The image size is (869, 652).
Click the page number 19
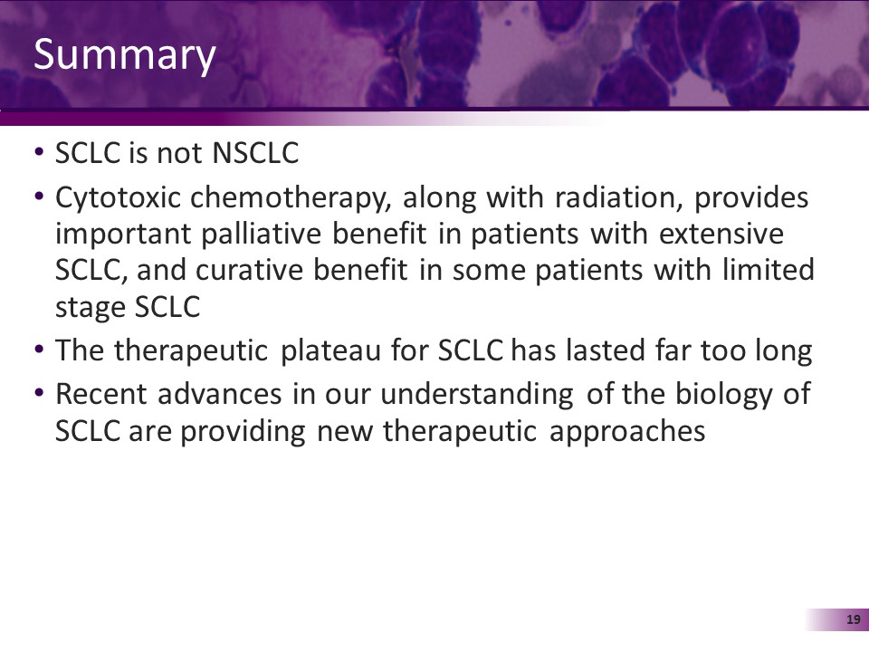point(852,619)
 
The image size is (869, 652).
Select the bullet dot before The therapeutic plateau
point(39,350)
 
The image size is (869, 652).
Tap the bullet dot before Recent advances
point(39,394)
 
